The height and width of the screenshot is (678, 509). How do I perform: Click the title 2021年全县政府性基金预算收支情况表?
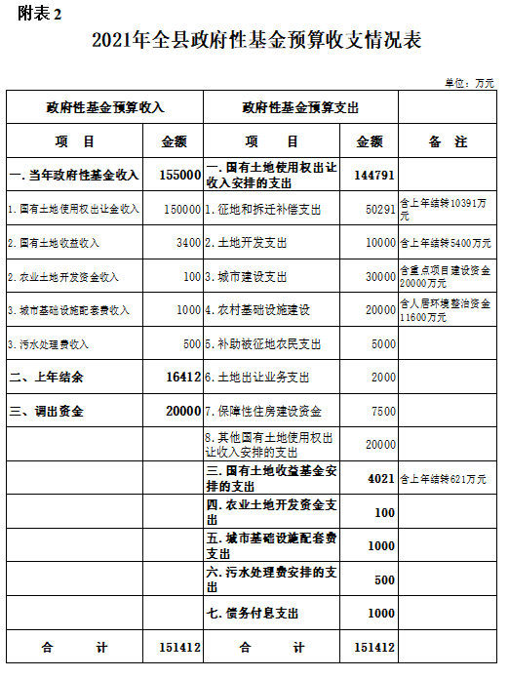click(x=256, y=41)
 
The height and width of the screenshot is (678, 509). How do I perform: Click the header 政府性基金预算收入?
click(x=106, y=107)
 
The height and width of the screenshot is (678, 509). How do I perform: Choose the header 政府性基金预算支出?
click(x=300, y=107)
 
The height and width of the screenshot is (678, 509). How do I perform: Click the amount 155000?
click(x=179, y=175)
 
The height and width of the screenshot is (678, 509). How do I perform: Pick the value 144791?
click(x=374, y=175)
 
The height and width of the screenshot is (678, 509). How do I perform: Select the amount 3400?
click(x=188, y=243)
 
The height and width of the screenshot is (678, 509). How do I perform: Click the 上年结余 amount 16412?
click(x=182, y=376)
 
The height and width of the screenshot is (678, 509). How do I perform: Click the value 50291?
click(x=379, y=209)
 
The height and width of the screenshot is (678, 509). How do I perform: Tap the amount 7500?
click(x=383, y=411)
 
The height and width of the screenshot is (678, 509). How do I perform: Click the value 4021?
click(x=380, y=479)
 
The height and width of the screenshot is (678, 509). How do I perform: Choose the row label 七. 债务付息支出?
click(x=253, y=614)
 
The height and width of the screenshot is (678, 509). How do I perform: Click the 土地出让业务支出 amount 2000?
click(x=383, y=377)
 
